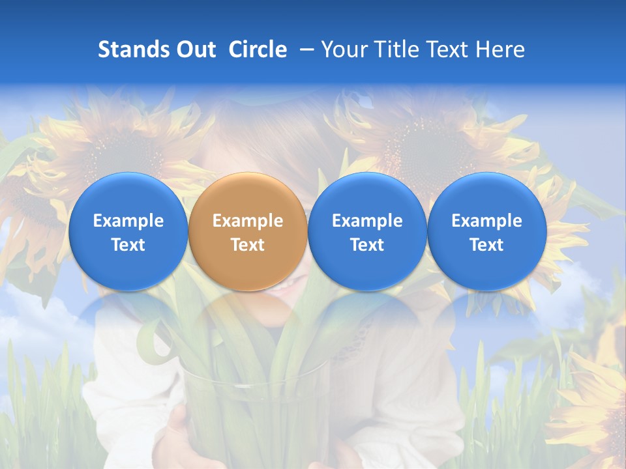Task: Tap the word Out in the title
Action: coord(196,50)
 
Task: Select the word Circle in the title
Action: coord(258,50)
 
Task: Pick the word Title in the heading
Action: coord(394,50)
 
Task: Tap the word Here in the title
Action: coord(499,50)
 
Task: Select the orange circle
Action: coord(248,231)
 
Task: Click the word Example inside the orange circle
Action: coord(248,221)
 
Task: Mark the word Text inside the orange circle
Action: coord(248,245)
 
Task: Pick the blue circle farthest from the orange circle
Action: coord(487,231)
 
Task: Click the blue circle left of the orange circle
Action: coord(128,231)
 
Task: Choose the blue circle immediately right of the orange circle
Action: coord(367,231)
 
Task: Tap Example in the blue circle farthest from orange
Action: coord(487,221)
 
